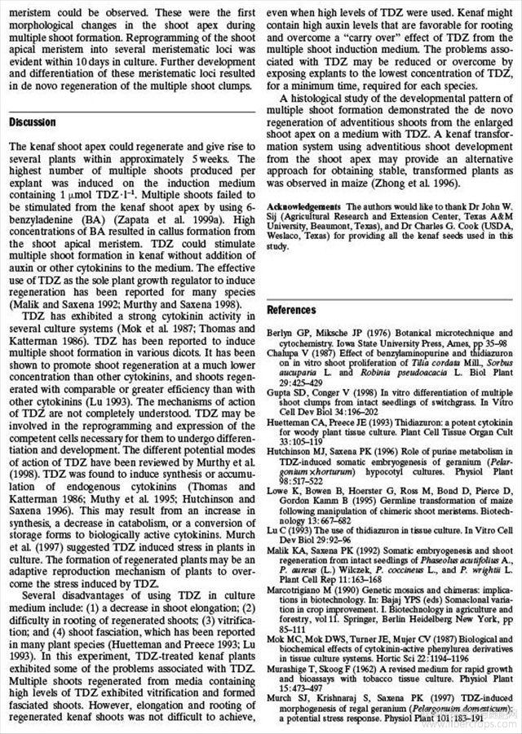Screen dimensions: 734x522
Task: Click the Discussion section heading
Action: coord(33,122)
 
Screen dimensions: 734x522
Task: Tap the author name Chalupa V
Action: coord(289,352)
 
